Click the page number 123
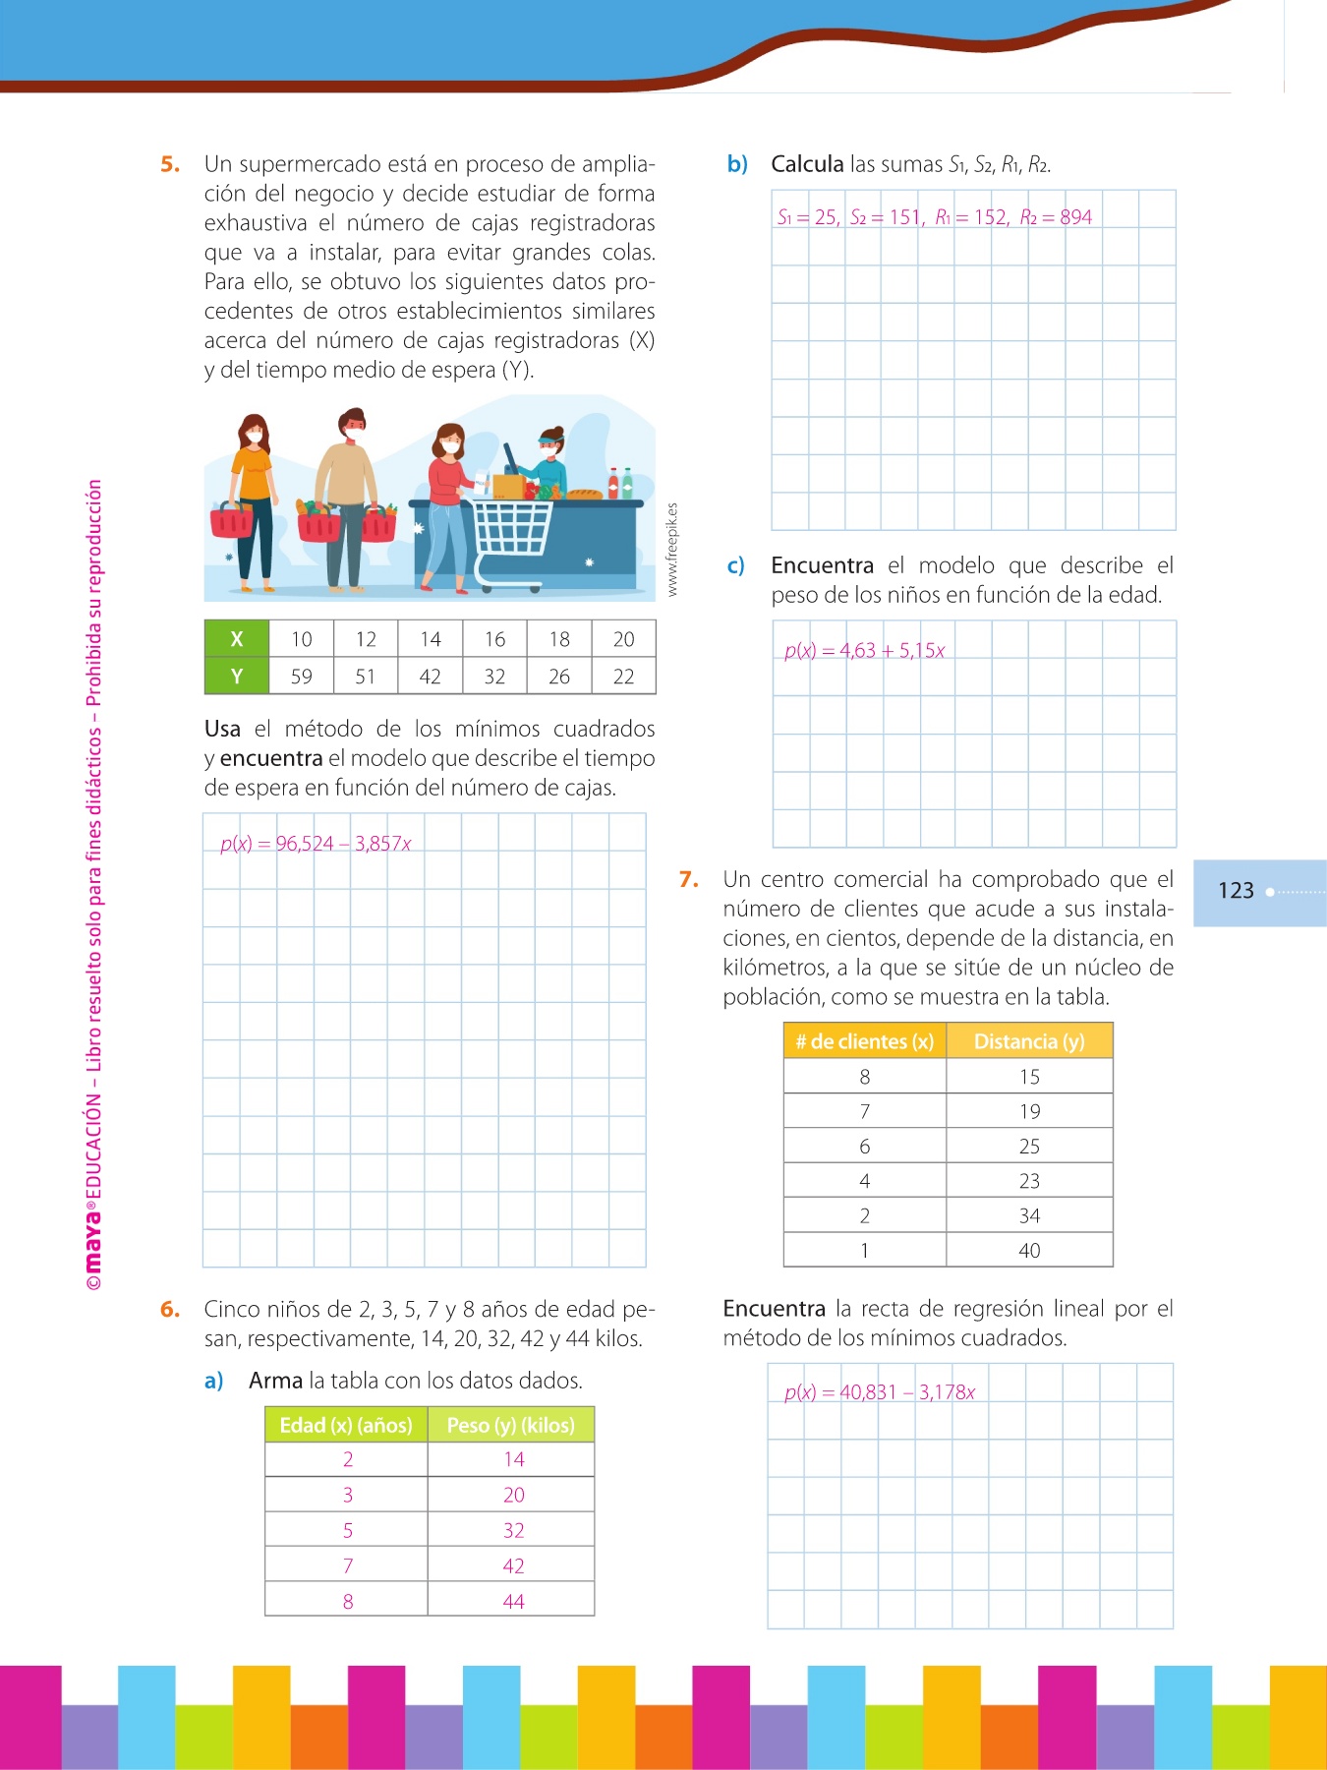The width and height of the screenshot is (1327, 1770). [x=1236, y=891]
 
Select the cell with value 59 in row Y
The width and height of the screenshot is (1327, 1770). [x=301, y=677]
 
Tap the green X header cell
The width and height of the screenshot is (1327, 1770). [x=236, y=639]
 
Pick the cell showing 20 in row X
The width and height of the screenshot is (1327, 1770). [x=623, y=639]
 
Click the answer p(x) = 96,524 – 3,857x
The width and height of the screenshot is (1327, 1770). [x=316, y=844]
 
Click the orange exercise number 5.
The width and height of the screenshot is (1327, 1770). [x=170, y=164]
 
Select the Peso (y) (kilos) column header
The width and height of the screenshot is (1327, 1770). [x=510, y=1425]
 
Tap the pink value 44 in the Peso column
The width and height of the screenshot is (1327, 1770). [x=513, y=1601]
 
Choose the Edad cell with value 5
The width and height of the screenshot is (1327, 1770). [x=347, y=1530]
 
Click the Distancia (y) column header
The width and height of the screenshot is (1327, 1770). [x=1028, y=1041]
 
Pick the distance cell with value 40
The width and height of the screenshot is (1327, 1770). [x=1028, y=1251]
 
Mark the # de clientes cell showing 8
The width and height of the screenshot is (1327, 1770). [x=864, y=1077]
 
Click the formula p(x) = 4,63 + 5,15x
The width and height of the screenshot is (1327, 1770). [x=864, y=651]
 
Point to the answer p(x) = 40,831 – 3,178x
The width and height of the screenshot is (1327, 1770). [x=879, y=1392]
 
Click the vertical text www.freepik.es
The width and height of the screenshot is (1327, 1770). [x=672, y=550]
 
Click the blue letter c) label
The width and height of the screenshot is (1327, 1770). [x=735, y=566]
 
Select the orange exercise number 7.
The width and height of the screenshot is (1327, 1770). [x=688, y=879]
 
